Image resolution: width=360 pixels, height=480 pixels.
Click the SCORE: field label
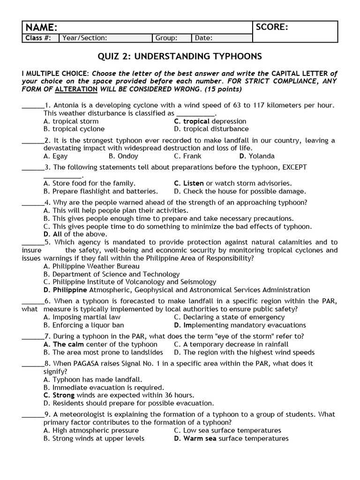pos(272,27)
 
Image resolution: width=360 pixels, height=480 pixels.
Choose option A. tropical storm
pos(71,121)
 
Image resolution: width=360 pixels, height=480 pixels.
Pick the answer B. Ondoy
pos(123,156)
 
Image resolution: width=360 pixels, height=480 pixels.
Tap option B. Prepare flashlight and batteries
pos(100,191)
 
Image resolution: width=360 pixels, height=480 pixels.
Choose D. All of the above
pos(75,234)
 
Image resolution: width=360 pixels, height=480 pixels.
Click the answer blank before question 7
pos(32,336)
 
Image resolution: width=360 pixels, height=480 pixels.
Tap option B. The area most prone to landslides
pos(103,352)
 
